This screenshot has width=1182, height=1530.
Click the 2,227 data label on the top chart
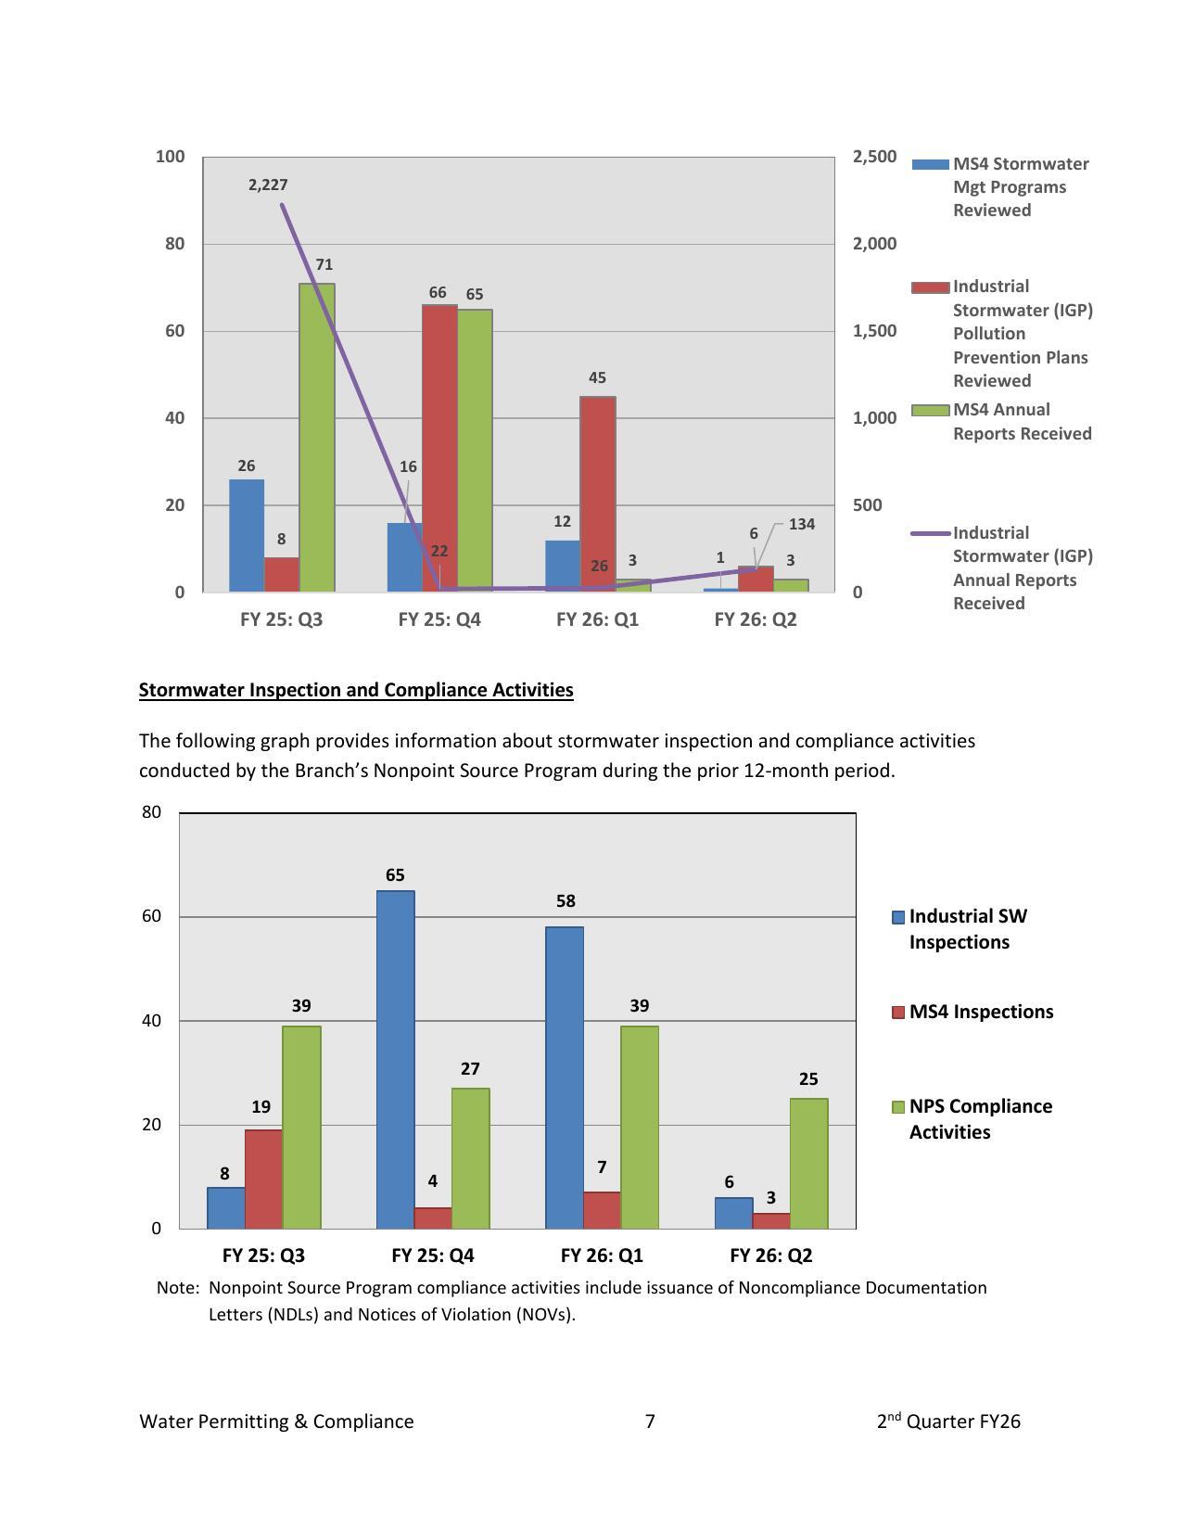coord(268,185)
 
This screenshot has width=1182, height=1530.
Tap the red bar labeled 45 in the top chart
coord(598,493)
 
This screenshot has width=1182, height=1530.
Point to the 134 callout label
coord(802,525)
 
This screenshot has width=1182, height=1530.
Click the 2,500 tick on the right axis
coord(874,157)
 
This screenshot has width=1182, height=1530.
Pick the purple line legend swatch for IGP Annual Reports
coord(931,534)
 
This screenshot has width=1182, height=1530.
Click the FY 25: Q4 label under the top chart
coord(439,619)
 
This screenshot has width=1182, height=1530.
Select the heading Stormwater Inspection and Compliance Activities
coord(356,690)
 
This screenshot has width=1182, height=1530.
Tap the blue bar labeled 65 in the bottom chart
coord(396,1060)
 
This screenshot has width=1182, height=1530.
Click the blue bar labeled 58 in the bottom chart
coord(565,1077)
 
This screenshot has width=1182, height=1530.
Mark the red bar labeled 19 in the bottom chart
coord(263,1179)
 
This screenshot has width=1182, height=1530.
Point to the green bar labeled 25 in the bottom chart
coord(808,1164)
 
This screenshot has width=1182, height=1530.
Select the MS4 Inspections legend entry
coord(981,1012)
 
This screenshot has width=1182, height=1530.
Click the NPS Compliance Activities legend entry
coord(980,1119)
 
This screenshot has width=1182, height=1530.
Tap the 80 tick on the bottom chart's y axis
coord(152,812)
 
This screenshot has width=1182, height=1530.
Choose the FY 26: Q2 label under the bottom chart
coord(770,1256)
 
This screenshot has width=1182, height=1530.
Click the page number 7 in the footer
coord(650,1422)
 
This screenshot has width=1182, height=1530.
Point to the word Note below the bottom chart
coord(175,1288)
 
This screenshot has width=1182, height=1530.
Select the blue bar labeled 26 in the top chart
coord(247,536)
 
